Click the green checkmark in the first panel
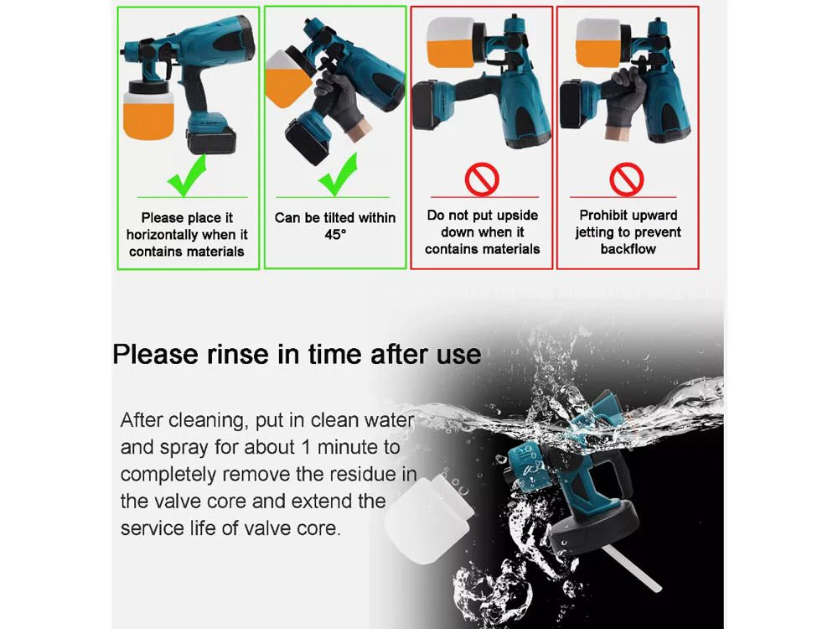point(186,175)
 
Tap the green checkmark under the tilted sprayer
point(337,174)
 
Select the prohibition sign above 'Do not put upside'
point(482,179)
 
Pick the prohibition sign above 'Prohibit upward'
point(626,179)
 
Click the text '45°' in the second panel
point(335,234)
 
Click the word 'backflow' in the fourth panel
point(628,249)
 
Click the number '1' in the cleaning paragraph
point(306,447)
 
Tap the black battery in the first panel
point(212,141)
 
